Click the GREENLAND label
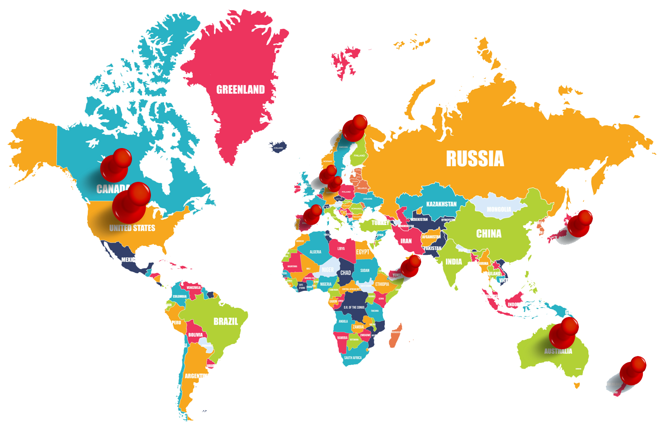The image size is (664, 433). point(241,90)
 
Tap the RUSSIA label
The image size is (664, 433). point(475,159)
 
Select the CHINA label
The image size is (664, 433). point(489,234)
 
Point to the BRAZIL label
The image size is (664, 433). point(226,321)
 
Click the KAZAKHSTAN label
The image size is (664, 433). point(441,204)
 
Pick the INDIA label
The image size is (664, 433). point(454,262)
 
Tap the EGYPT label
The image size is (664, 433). point(363,252)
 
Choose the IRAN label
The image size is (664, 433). point(406,241)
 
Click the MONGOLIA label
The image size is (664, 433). point(499,209)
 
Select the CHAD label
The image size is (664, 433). point(346,273)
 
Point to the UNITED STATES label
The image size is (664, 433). point(132,228)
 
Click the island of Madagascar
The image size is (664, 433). point(395,335)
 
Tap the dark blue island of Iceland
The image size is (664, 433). point(277,147)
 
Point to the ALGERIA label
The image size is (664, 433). point(315,252)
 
